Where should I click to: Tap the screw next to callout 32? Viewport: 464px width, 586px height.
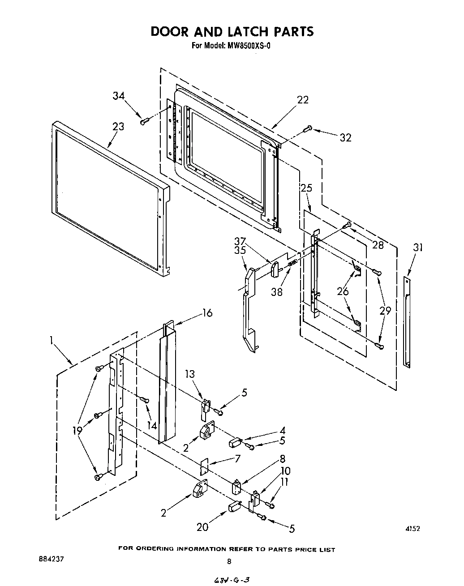pos(307,129)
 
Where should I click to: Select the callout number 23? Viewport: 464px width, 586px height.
pos(118,127)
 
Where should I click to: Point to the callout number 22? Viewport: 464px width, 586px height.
pos(303,100)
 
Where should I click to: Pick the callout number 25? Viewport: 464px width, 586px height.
pos(306,188)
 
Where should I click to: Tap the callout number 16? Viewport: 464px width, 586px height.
pos(207,312)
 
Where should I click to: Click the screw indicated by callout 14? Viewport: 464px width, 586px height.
pos(144,399)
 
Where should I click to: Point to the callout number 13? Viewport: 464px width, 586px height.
pos(190,374)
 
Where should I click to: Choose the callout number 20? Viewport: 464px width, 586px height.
pos(202,527)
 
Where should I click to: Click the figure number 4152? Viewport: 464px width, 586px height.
pos(412,529)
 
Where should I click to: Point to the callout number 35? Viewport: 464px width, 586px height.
pos(240,250)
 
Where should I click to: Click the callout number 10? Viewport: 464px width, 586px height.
pos(286,471)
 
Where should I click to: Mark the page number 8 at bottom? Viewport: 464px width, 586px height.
pos(229,561)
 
